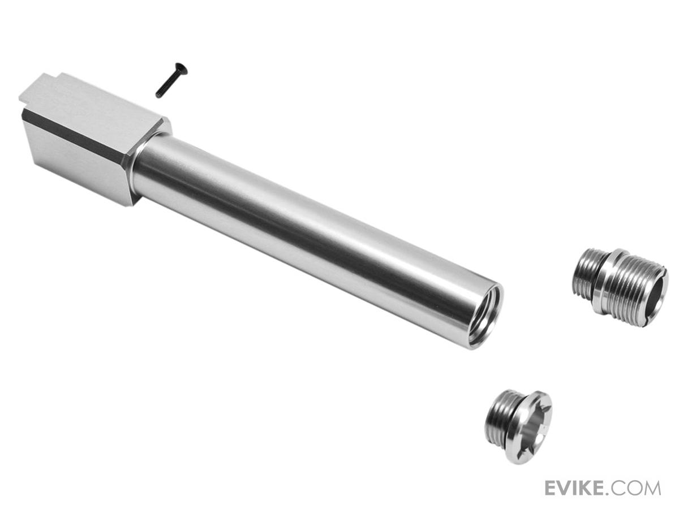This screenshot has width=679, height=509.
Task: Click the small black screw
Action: (x=169, y=80)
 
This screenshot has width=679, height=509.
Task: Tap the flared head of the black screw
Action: (x=178, y=66)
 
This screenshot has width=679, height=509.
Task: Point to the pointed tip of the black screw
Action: (x=157, y=96)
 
